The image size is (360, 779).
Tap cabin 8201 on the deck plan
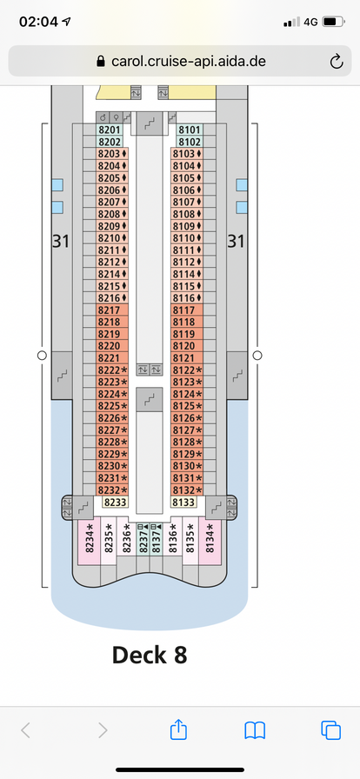(x=109, y=130)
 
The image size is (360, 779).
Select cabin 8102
(x=189, y=142)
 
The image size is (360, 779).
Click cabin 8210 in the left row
(x=112, y=238)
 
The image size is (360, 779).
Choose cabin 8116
(x=187, y=298)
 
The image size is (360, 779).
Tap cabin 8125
(x=187, y=406)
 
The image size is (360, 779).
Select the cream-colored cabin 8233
(x=116, y=503)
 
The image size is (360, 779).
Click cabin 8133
(x=184, y=503)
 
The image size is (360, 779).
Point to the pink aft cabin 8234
(x=90, y=541)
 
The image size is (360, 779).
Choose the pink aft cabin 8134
(x=210, y=541)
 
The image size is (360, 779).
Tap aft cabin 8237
(x=143, y=538)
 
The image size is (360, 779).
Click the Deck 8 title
(x=150, y=655)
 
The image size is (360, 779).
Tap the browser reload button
(x=337, y=62)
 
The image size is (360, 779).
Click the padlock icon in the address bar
(x=101, y=61)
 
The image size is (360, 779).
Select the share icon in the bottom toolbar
(x=178, y=729)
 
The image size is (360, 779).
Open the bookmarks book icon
(x=255, y=731)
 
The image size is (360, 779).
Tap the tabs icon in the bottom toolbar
(x=331, y=730)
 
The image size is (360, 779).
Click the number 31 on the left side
(x=61, y=242)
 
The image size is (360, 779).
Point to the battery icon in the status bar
(x=333, y=22)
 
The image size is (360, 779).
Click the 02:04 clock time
(x=38, y=22)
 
